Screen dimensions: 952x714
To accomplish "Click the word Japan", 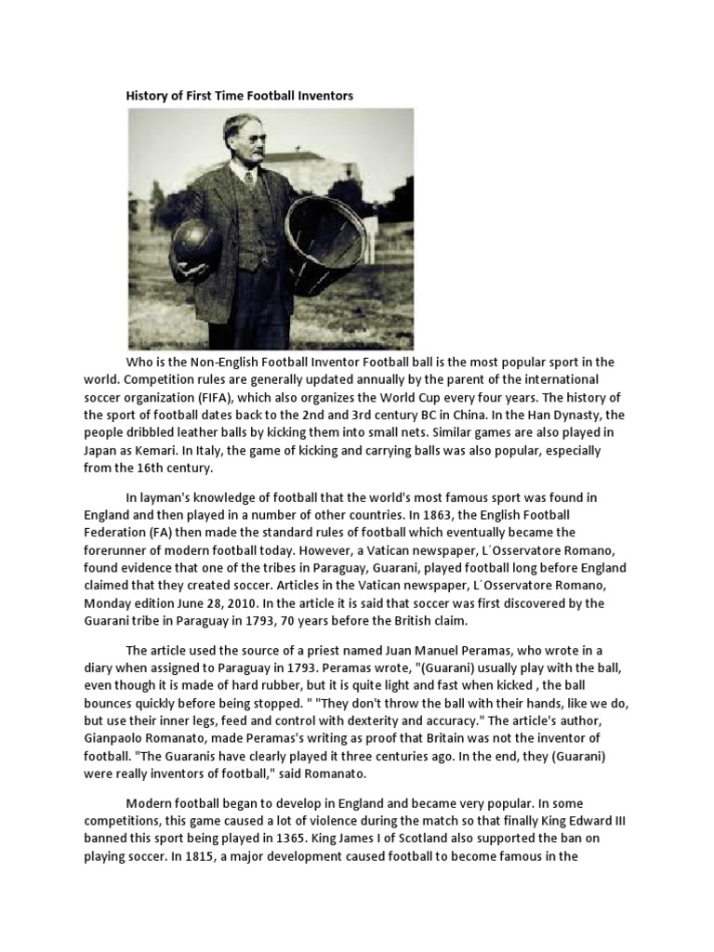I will [145, 451].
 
